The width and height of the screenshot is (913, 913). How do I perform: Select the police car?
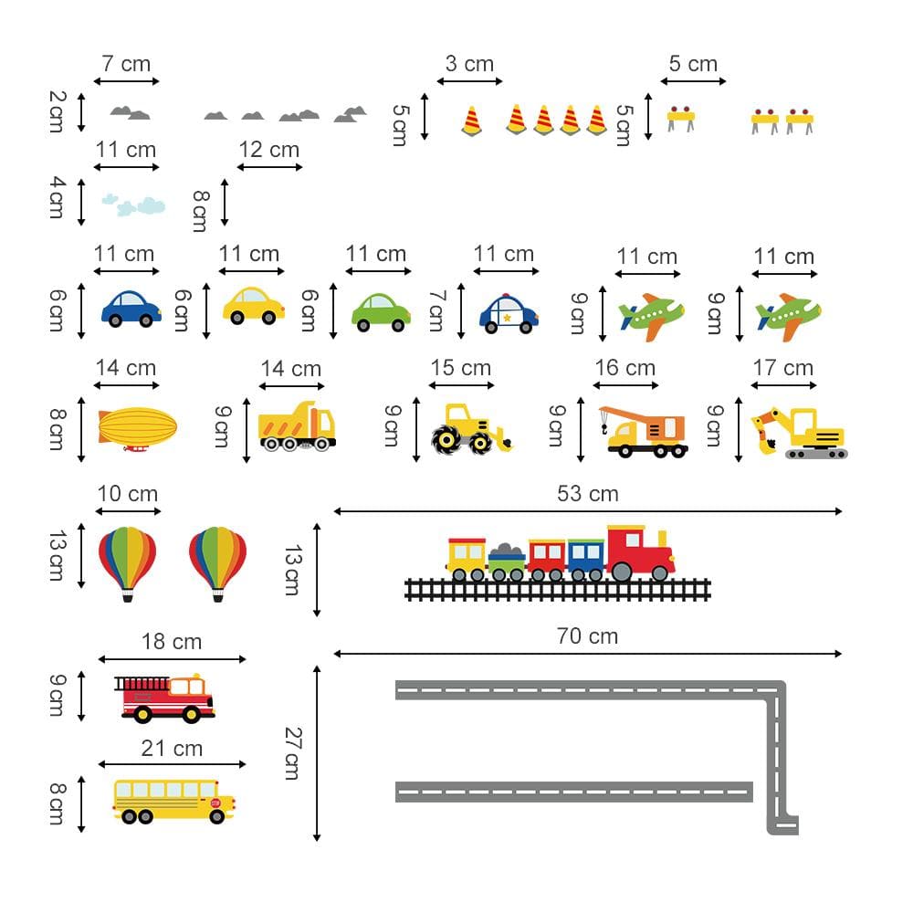[x=509, y=310]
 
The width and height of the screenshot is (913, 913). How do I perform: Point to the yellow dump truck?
[x=297, y=427]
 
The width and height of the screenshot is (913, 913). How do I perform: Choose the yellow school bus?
[x=173, y=801]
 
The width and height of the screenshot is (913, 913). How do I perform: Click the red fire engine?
[x=165, y=698]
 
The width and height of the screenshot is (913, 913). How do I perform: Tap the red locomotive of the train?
[x=639, y=552]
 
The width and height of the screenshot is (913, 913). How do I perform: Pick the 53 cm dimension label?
[x=587, y=494]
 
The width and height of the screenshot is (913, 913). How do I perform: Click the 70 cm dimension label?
[x=587, y=636]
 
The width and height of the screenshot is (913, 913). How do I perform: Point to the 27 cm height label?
[x=292, y=752]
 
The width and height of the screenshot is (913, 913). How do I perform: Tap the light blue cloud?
[x=133, y=205]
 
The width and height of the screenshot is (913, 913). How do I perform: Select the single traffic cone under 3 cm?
[x=471, y=121]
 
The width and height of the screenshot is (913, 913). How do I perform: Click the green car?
[x=381, y=310]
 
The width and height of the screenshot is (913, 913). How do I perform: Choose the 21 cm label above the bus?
[x=172, y=749]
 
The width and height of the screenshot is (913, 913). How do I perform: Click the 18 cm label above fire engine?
[x=172, y=642]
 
